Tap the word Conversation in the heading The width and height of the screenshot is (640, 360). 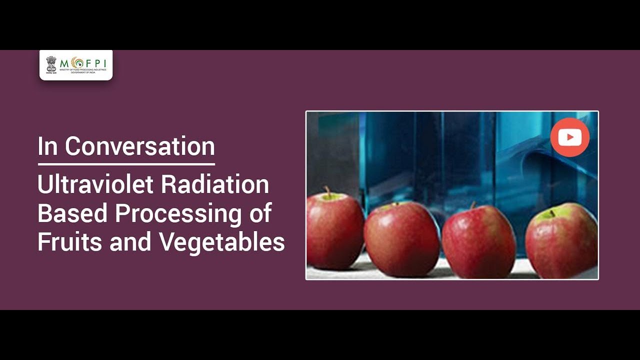click(x=140, y=146)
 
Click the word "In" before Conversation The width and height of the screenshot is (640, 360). click(x=48, y=146)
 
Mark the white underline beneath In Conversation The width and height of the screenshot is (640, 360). click(x=126, y=163)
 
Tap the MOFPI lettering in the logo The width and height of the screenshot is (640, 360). click(x=82, y=63)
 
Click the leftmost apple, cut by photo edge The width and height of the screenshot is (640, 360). click(x=334, y=230)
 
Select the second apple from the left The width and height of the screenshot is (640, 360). click(x=402, y=237)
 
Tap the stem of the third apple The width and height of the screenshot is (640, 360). click(x=472, y=205)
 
